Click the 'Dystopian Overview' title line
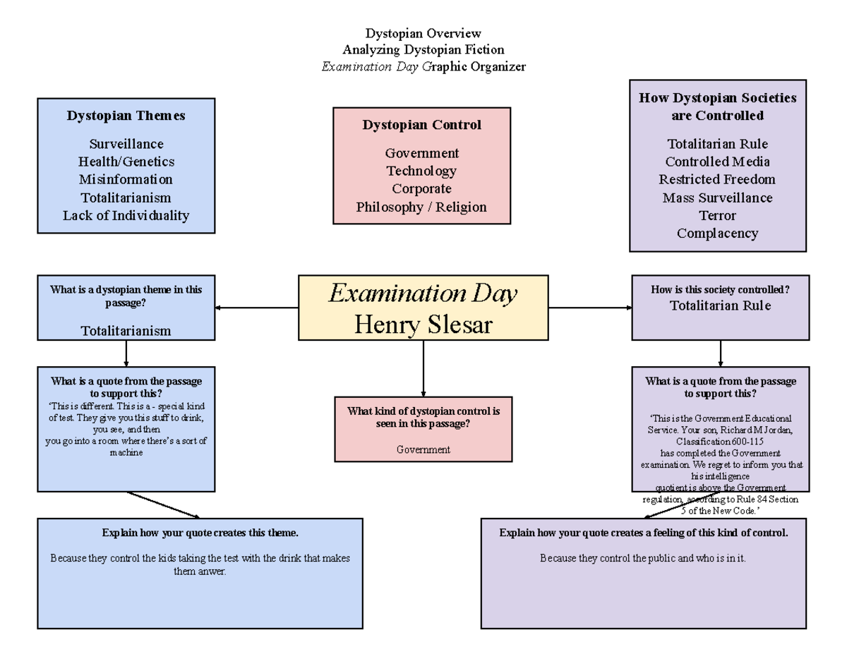423,33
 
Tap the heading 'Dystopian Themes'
126,116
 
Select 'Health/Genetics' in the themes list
126,162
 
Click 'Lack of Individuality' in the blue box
126,215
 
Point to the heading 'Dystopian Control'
421,125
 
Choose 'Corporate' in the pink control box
421,189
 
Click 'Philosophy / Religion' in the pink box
421,207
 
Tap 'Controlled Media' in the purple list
717,162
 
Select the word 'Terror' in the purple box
717,215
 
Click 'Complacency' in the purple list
717,233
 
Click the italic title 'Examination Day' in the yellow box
423,293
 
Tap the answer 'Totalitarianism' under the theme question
126,330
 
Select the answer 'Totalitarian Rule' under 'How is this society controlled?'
720,305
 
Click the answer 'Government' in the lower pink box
423,449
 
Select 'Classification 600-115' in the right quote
720,441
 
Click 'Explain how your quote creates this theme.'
200,533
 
